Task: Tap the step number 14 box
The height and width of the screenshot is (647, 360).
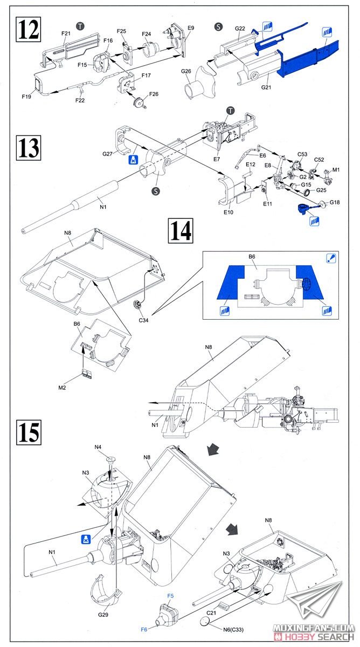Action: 181,230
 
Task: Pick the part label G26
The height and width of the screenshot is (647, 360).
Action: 186,71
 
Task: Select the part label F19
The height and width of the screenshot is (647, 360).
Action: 27,97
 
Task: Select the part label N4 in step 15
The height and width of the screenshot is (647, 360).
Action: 98,447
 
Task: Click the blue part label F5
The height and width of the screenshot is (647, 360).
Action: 170,595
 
